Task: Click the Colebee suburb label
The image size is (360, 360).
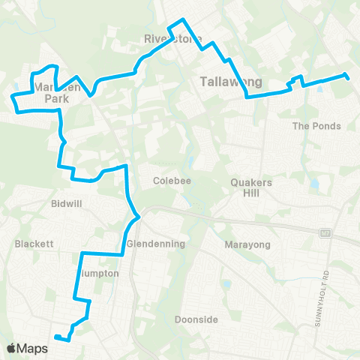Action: tap(169, 181)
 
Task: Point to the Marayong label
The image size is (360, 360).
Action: tap(241, 244)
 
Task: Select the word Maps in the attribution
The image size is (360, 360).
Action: tap(34, 348)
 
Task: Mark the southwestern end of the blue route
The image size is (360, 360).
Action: tap(56, 337)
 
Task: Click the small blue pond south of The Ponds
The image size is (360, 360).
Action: tap(313, 184)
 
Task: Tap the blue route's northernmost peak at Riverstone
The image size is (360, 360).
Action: tap(180, 21)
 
